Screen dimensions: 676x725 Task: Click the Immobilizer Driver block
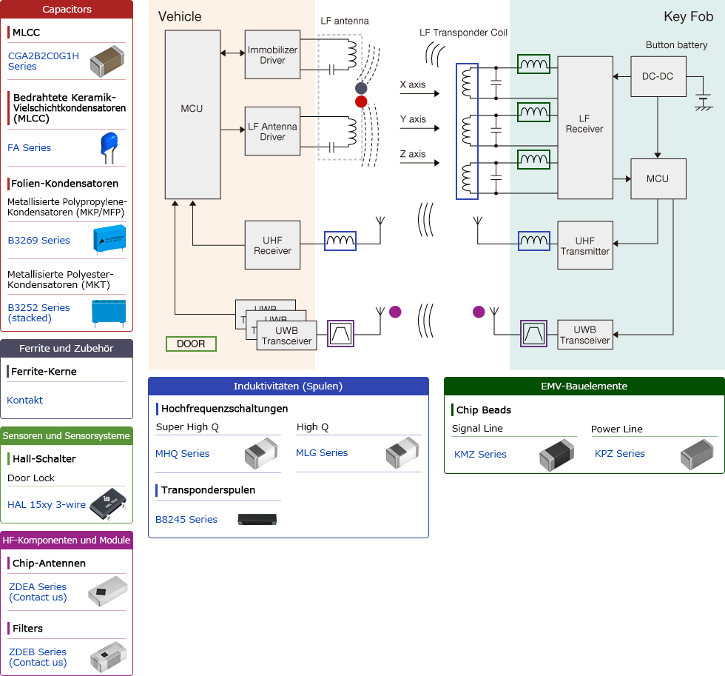[272, 55]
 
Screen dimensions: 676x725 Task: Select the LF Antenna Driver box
[272, 131]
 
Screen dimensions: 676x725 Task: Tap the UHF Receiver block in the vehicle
[272, 245]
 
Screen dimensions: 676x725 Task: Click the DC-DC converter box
[658, 76]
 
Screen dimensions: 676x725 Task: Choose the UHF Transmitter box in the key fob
[584, 246]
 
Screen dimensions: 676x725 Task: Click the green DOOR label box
[191, 344]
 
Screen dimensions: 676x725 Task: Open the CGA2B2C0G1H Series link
[43, 61]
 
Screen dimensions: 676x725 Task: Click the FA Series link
[30, 148]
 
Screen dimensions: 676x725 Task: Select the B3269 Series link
[38, 241]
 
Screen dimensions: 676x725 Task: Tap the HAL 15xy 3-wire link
[47, 505]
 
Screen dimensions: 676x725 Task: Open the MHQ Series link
[182, 454]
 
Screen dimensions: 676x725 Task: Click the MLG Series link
[322, 453]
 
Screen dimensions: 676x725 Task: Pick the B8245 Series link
[186, 520]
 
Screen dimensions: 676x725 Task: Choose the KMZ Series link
[480, 455]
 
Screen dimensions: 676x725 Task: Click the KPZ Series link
[620, 454]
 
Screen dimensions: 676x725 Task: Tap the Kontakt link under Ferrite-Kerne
[25, 401]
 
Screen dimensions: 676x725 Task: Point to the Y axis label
[413, 119]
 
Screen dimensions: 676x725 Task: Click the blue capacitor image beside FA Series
[109, 147]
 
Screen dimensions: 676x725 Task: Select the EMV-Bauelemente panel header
[584, 386]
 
